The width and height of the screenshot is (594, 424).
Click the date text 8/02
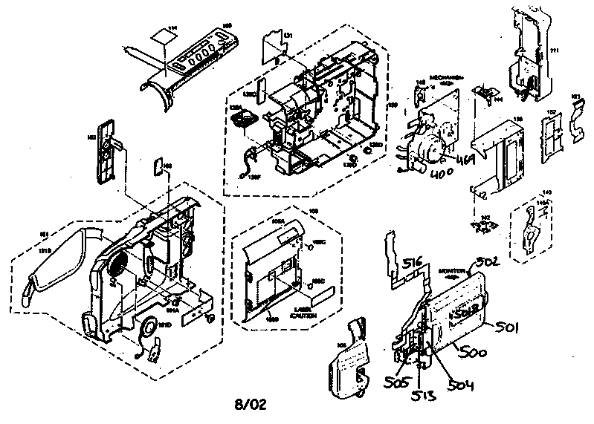point(250,405)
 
